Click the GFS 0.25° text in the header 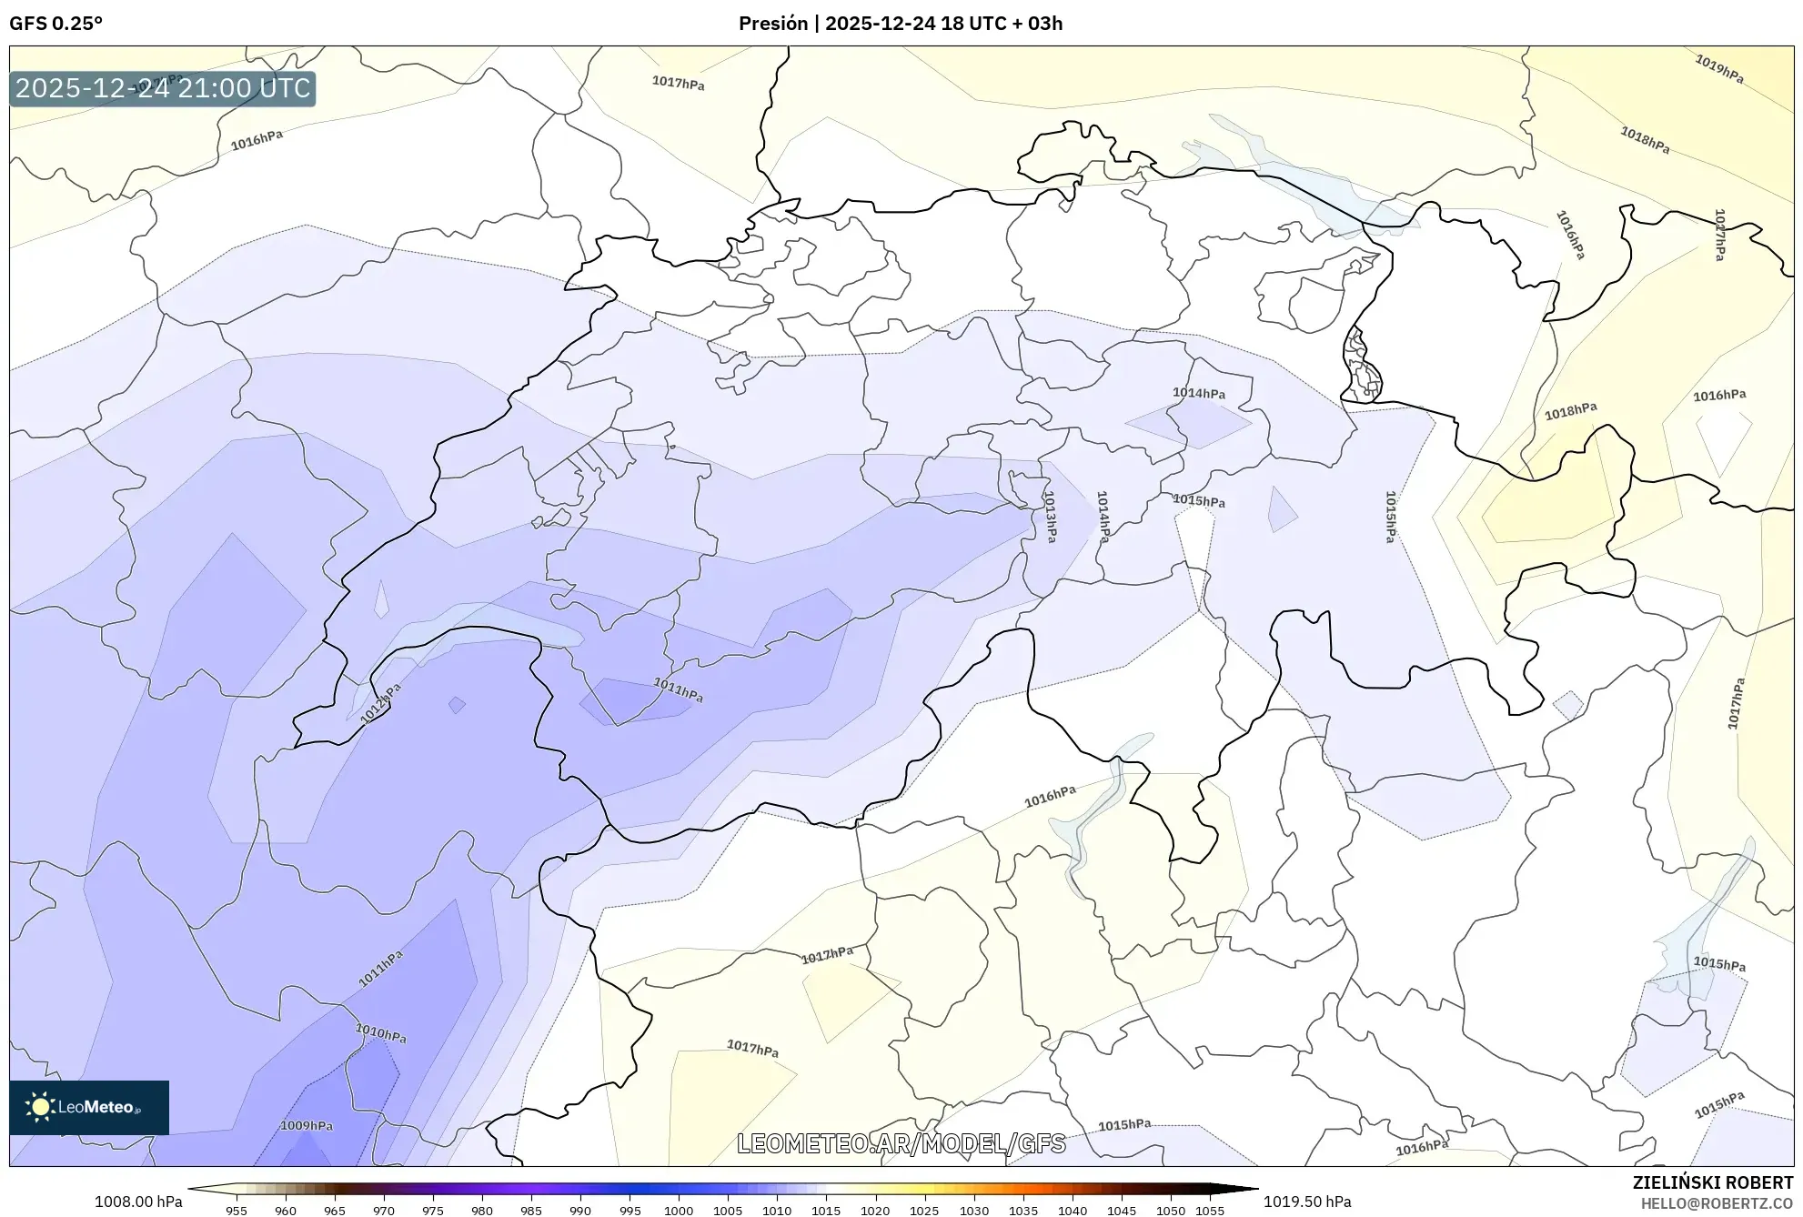pyautogui.click(x=55, y=24)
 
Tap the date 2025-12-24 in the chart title pyautogui.click(x=881, y=24)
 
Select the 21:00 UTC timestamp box pyautogui.click(x=163, y=88)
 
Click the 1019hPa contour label pyautogui.click(x=1718, y=69)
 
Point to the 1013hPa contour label pyautogui.click(x=1050, y=517)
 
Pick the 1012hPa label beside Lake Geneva pyautogui.click(x=380, y=704)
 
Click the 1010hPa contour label pyautogui.click(x=380, y=1033)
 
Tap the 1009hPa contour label pyautogui.click(x=307, y=1125)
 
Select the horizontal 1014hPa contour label pyautogui.click(x=1198, y=393)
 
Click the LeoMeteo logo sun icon pyautogui.click(x=40, y=1107)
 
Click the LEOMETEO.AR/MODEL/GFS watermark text pyautogui.click(x=901, y=1143)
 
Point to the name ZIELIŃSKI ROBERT pyautogui.click(x=1712, y=1182)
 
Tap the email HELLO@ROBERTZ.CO pyautogui.click(x=1716, y=1203)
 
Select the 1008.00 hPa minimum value pyautogui.click(x=138, y=1202)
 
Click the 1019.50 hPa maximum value pyautogui.click(x=1306, y=1202)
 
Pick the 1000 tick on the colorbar pyautogui.click(x=679, y=1211)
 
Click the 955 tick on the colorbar pyautogui.click(x=237, y=1211)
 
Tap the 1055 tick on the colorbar pyautogui.click(x=1210, y=1211)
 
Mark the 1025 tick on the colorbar pyautogui.click(x=924, y=1211)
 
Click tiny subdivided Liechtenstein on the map pyautogui.click(x=1362, y=367)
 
